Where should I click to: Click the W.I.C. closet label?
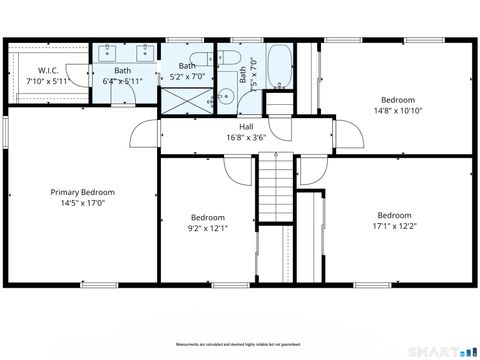pyautogui.click(x=48, y=70)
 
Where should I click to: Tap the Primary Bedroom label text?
pyautogui.click(x=83, y=192)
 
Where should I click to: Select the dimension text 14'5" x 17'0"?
pyautogui.click(x=83, y=203)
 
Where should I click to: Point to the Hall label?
pyautogui.click(x=245, y=127)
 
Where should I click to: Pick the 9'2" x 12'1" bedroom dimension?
pyautogui.click(x=208, y=228)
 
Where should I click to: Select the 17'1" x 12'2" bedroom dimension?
pyautogui.click(x=394, y=226)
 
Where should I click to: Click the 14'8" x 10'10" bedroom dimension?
pyautogui.click(x=398, y=111)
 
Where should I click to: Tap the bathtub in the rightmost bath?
pyautogui.click(x=279, y=66)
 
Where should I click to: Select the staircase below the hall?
pyautogui.click(x=274, y=190)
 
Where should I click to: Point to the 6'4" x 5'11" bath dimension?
pyautogui.click(x=122, y=81)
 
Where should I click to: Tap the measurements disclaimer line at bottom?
pyautogui.click(x=239, y=343)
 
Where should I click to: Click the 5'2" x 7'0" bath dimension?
pyautogui.click(x=187, y=76)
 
